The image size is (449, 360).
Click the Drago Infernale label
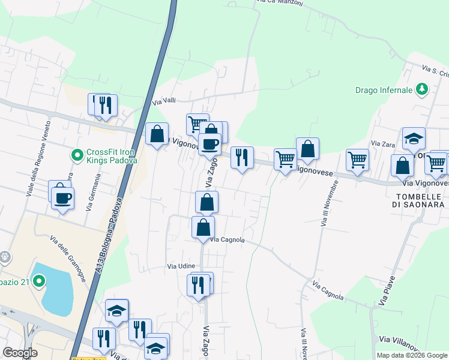[384, 90]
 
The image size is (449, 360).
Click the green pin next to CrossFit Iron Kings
[77, 156]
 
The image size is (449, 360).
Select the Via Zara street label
[382, 143]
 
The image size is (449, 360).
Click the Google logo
[20, 353]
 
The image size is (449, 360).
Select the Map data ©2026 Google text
[411, 355]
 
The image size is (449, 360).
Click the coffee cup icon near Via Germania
[61, 197]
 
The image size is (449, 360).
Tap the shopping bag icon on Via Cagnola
[203, 227]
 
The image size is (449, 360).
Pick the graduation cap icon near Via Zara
[414, 139]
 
